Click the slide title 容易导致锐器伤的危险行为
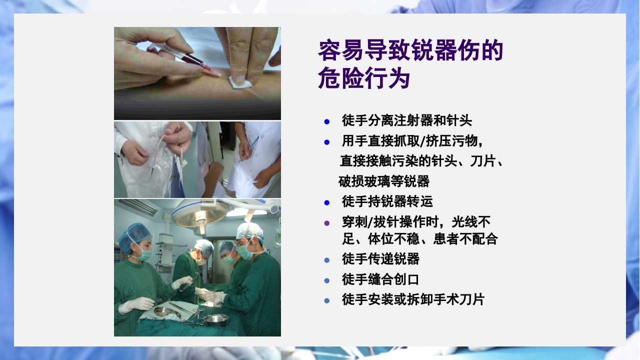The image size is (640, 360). click(410, 65)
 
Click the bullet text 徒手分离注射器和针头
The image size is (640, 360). click(406, 120)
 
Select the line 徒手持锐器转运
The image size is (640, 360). click(387, 201)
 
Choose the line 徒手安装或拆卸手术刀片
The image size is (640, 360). click(413, 299)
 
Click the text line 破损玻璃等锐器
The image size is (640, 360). click(384, 181)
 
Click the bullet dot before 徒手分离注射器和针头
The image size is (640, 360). click(327, 121)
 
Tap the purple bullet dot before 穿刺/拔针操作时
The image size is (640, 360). click(327, 223)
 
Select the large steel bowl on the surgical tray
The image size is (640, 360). click(216, 318)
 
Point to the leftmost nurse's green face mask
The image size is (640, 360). click(144, 254)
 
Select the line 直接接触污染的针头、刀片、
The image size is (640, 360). click(421, 161)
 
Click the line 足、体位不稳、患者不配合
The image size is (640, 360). click(419, 238)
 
